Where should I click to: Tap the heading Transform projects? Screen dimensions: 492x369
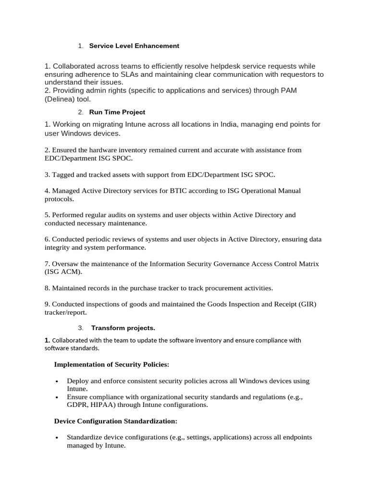pyautogui.click(x=123, y=328)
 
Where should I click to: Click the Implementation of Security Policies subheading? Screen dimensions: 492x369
pyautogui.click(x=111, y=365)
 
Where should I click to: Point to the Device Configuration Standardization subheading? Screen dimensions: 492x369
pyautogui.click(x=116, y=421)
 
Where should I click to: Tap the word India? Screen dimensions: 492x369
pyautogui.click(x=231, y=124)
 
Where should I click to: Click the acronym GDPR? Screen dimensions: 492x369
pyautogui.click(x=76, y=405)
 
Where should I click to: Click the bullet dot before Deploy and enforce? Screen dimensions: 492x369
pyautogui.click(x=57, y=381)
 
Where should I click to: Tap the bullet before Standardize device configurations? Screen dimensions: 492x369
pyautogui.click(x=57, y=438)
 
